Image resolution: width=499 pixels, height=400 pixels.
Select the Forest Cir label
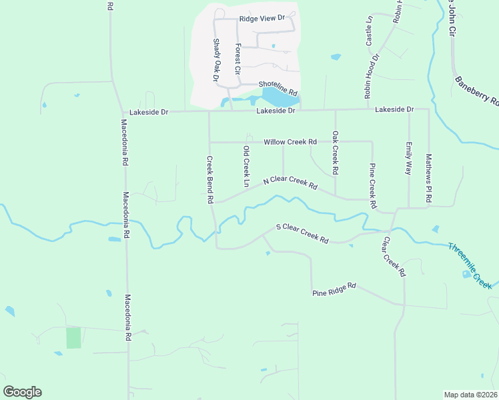click(237, 59)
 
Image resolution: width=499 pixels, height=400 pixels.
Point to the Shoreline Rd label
click(278, 85)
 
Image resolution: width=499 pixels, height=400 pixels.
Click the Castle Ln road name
click(369, 32)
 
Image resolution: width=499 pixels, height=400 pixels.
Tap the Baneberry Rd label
click(476, 91)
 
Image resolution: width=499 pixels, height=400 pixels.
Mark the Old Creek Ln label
click(246, 167)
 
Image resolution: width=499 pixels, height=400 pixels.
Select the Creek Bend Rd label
click(209, 179)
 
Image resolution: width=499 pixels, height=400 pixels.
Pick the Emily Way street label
click(409, 158)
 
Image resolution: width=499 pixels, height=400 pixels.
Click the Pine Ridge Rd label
click(334, 289)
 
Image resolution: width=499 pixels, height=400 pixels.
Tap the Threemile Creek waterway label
click(470, 265)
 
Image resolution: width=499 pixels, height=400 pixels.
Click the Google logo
click(23, 392)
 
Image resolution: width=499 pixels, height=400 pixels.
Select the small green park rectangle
click(73, 337)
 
